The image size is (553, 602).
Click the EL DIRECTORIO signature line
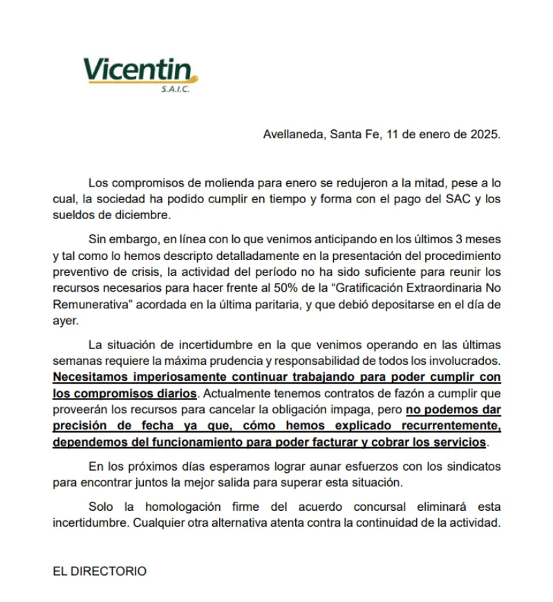point(100,571)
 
